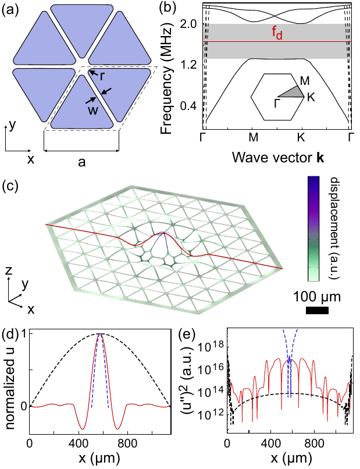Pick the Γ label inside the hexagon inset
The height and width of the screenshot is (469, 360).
pyautogui.click(x=270, y=102)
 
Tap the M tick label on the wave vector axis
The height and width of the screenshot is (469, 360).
pyautogui.click(x=253, y=138)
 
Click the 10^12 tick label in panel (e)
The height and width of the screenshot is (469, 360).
pyautogui.click(x=209, y=416)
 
